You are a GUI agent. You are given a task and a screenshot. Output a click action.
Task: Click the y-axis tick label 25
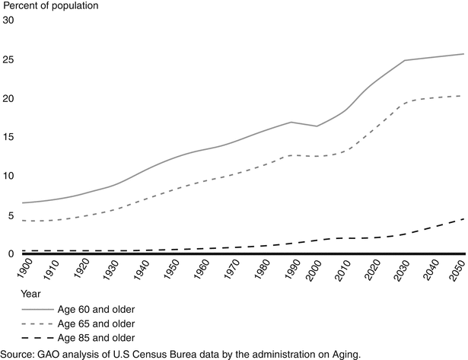pyautogui.click(x=8, y=59)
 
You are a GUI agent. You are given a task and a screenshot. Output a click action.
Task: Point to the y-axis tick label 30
pyautogui.click(x=8, y=21)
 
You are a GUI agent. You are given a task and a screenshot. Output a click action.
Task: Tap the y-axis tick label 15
pyautogui.click(x=8, y=138)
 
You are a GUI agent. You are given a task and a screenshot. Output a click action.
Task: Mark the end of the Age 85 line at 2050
pyautogui.click(x=463, y=219)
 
